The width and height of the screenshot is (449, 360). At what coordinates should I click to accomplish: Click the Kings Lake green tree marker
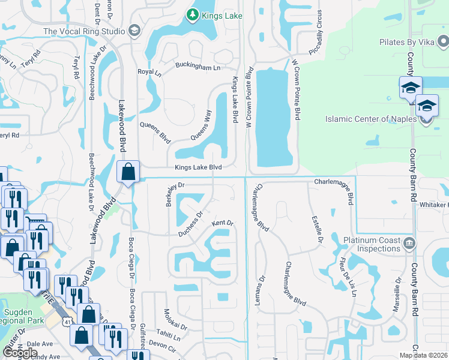coord(192,14)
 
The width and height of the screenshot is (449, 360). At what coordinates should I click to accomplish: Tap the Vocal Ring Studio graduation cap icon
coord(134,31)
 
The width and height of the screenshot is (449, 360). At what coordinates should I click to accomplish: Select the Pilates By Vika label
coord(406,43)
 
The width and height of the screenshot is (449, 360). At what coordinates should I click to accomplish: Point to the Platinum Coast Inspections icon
coord(409,243)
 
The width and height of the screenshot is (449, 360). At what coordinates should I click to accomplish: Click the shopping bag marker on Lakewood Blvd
coord(128,172)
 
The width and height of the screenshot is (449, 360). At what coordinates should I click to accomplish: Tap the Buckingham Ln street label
coord(197,67)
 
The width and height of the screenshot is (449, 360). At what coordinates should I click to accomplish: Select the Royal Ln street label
coord(150,71)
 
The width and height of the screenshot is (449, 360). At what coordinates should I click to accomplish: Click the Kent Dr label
coord(222,223)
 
